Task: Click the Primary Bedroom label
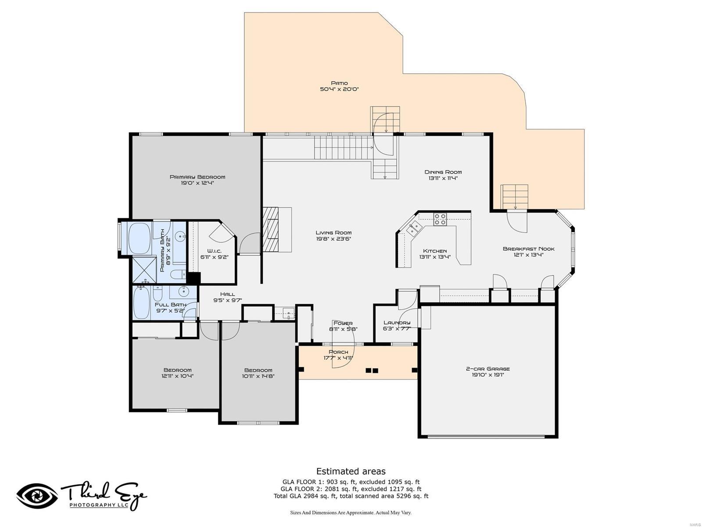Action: tap(197, 177)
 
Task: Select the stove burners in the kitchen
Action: tap(440, 219)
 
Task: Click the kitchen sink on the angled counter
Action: tap(413, 228)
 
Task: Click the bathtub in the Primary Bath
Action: tap(139, 238)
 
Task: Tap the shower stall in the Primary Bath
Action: tap(144, 270)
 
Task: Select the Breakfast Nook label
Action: tap(528, 249)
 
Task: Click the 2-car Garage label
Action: tap(487, 369)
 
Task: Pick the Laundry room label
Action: tap(397, 322)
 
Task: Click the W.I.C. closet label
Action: tap(215, 251)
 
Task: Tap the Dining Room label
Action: tap(443, 172)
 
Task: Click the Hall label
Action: tap(227, 294)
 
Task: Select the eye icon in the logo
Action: tap(37, 496)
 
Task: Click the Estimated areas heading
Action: tap(351, 471)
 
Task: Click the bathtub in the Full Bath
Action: tap(141, 303)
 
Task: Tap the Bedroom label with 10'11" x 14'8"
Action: tap(258, 370)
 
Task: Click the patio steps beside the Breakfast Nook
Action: tap(515, 197)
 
